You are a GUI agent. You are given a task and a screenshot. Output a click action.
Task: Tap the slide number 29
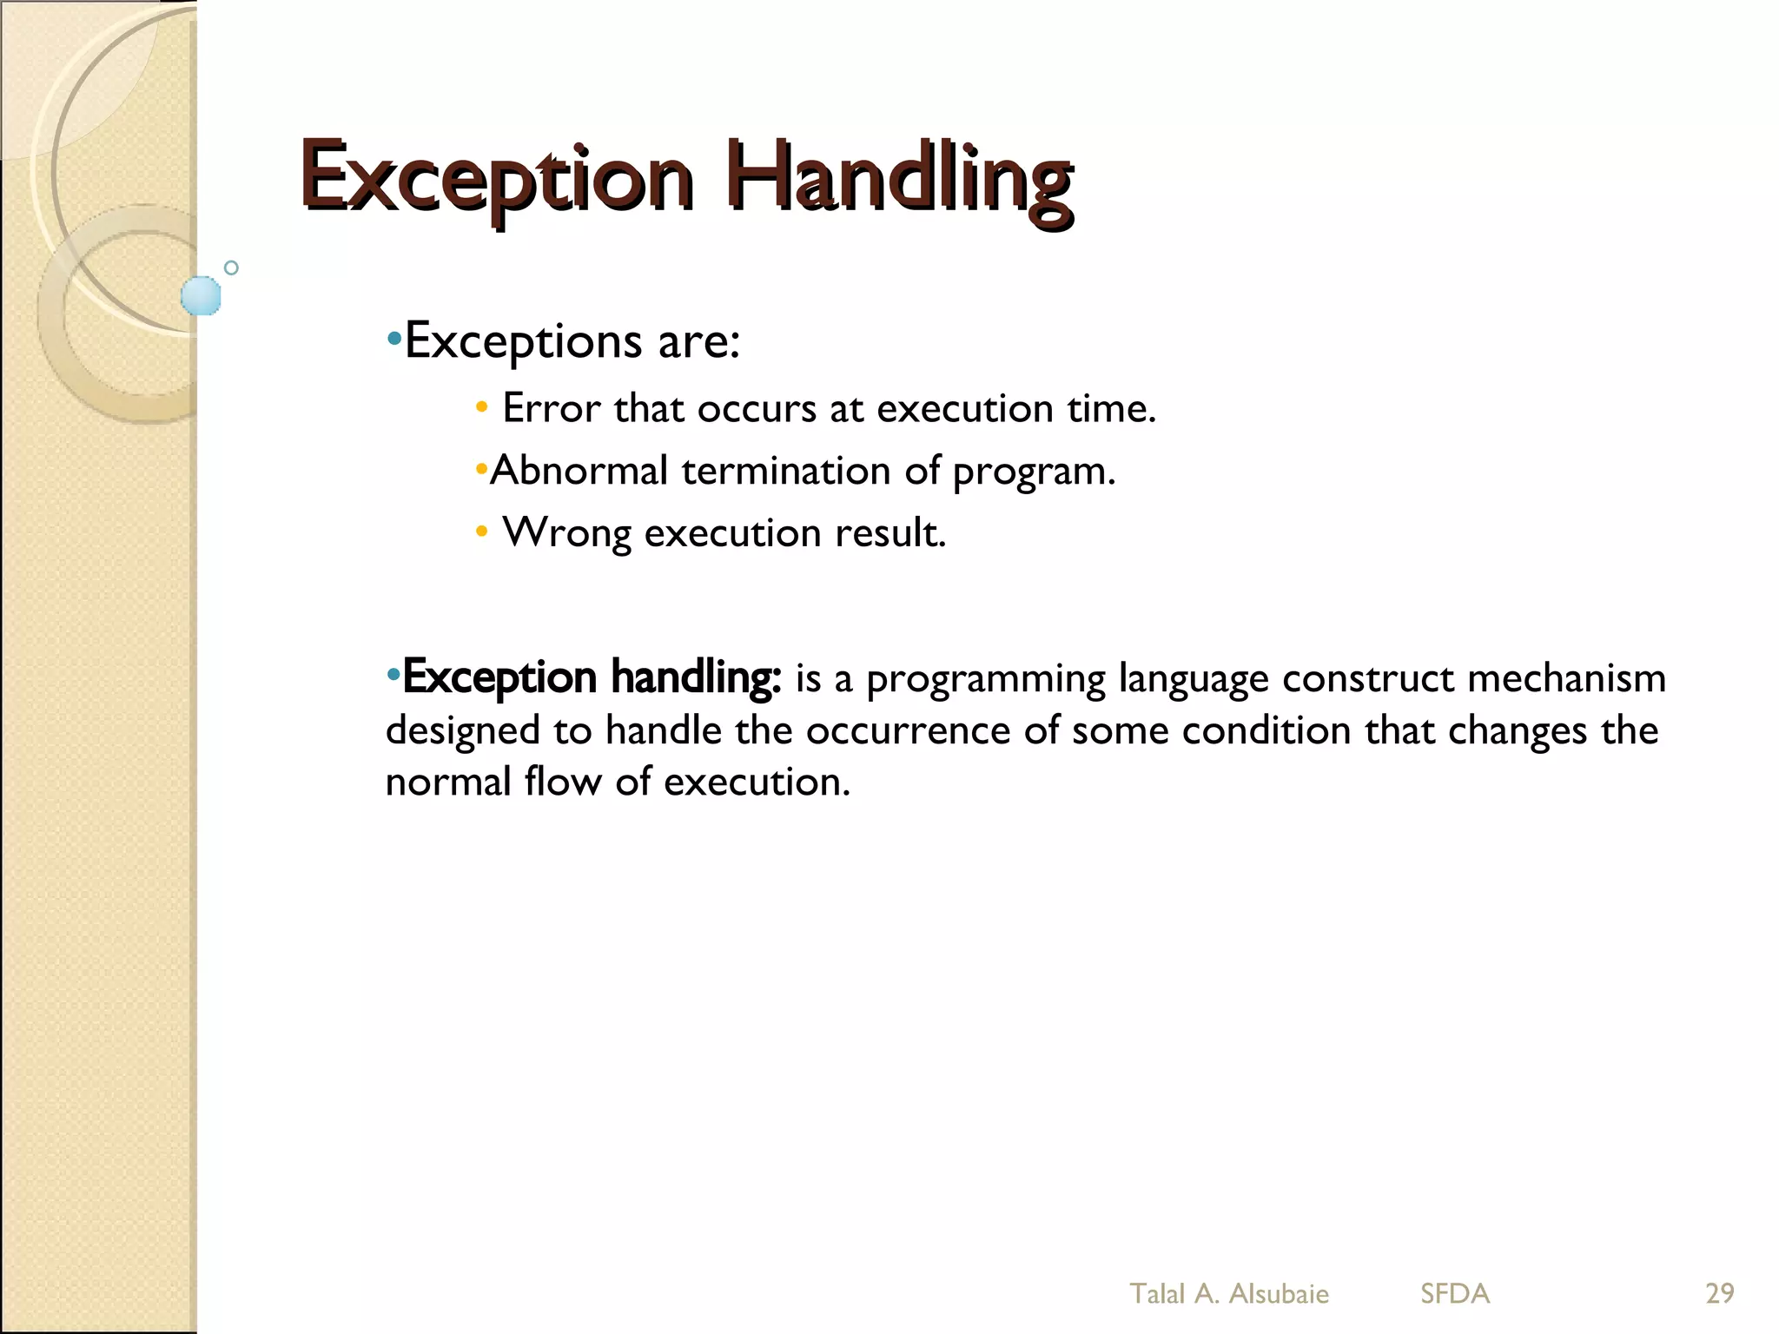tap(1719, 1293)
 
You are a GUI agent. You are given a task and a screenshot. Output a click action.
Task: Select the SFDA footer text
tap(1455, 1293)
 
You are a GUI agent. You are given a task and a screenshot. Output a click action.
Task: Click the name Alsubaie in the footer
tap(1278, 1293)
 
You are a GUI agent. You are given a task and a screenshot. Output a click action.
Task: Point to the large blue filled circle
tap(201, 295)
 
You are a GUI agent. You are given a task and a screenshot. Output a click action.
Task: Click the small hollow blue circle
tap(231, 267)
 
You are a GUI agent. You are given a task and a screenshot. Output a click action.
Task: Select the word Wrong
tap(566, 532)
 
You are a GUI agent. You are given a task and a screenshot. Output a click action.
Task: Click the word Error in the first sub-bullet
tap(551, 408)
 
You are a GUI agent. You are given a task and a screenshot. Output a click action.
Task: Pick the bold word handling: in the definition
tap(696, 677)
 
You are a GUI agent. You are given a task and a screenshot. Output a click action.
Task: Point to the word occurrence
tap(908, 730)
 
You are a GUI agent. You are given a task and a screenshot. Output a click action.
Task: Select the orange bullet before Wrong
tap(481, 532)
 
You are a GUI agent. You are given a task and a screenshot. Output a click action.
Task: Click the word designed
tap(462, 731)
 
